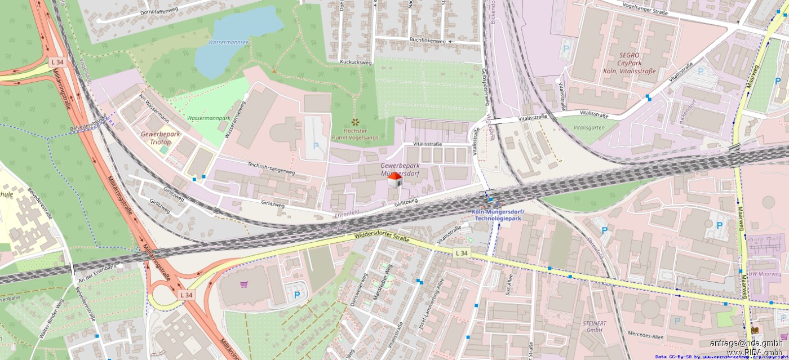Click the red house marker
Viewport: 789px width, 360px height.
395,180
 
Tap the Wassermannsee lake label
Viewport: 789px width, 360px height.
228,42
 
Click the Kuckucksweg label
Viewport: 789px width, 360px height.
356,62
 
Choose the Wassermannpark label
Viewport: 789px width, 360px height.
209,118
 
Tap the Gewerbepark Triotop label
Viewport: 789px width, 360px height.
160,138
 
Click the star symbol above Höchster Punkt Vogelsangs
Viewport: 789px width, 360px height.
354,121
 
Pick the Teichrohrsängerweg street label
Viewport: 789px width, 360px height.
271,167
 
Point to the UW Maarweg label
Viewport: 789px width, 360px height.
764,274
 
